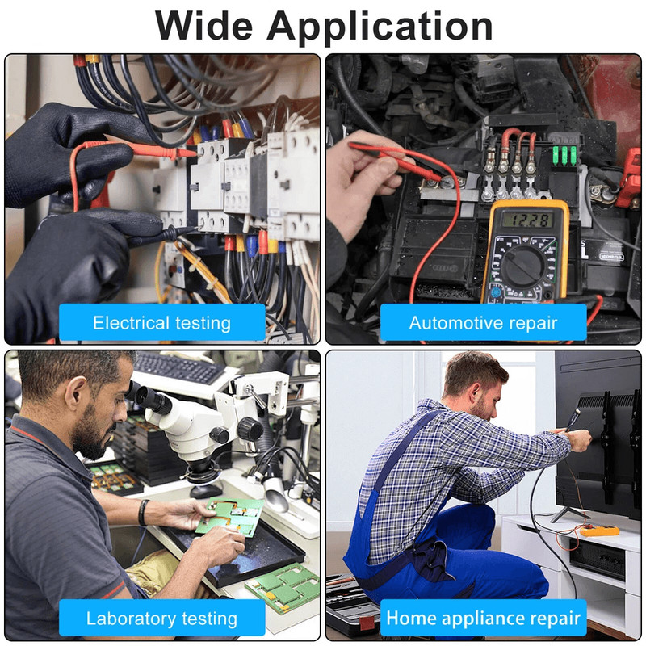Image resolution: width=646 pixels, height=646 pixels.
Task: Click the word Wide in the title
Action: (x=204, y=26)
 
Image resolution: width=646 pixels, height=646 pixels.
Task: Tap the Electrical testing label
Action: (x=162, y=323)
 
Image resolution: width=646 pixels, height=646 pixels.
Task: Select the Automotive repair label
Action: (x=483, y=323)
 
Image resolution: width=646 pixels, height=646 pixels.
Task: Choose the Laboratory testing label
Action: (x=162, y=619)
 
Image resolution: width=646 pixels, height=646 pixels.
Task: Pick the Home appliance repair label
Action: (x=483, y=619)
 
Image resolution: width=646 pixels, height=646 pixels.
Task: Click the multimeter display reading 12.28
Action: (x=527, y=220)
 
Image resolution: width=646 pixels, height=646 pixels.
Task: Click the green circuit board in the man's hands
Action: (x=230, y=516)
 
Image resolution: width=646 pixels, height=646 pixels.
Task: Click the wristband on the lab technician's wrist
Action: (x=143, y=513)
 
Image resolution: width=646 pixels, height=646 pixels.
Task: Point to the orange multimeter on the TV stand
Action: (x=599, y=531)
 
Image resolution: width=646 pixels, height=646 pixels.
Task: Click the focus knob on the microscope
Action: (x=250, y=430)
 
